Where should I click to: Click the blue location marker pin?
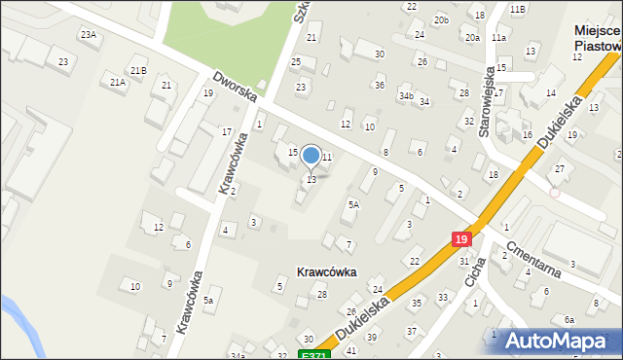[311, 156]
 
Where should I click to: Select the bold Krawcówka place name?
[327, 272]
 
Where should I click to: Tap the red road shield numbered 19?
[461, 238]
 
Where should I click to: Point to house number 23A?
[89, 35]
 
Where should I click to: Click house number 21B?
[138, 70]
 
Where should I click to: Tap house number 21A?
[117, 83]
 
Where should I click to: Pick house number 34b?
[406, 96]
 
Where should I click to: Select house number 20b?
[442, 19]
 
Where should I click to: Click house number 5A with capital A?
[354, 204]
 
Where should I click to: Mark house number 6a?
[569, 319]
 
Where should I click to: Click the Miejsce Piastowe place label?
[597, 38]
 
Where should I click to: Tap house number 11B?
[517, 9]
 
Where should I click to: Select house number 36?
[380, 86]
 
